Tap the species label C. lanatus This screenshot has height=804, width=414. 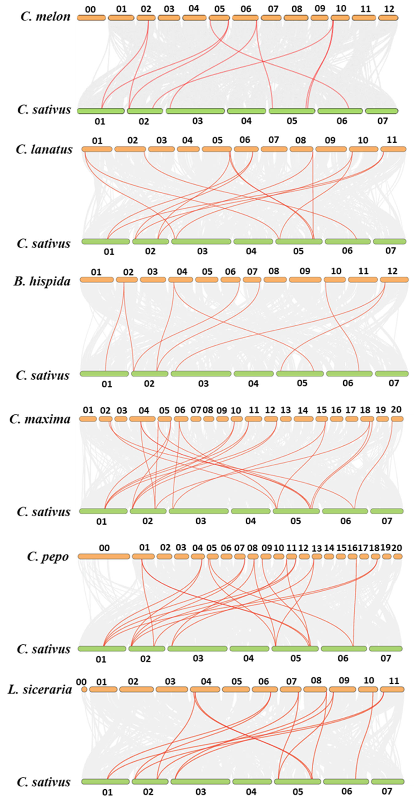[x=44, y=149]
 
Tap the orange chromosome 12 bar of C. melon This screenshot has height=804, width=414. [x=388, y=18]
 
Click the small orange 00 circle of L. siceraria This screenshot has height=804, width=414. [x=84, y=689]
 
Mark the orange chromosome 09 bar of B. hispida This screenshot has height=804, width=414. [x=305, y=280]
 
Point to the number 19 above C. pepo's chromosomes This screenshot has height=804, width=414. [x=386, y=547]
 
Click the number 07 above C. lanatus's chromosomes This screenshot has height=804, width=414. [x=273, y=140]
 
